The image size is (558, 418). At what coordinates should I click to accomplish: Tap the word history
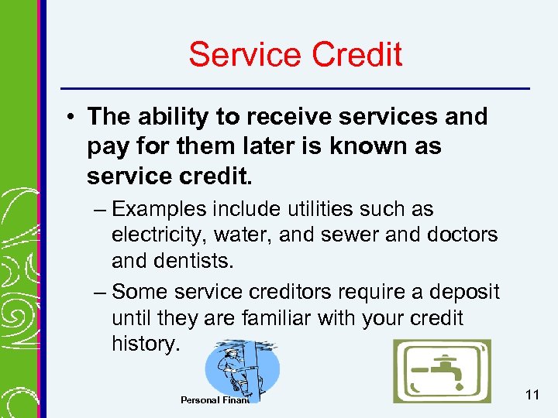pyautogui.click(x=145, y=344)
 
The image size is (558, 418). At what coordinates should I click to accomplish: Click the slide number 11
pyautogui.click(x=532, y=396)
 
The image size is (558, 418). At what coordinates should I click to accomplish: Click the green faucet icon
pyautogui.click(x=441, y=371)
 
